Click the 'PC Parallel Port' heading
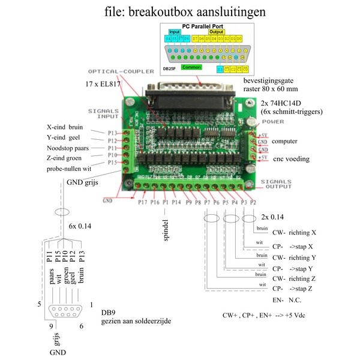coord(206,26)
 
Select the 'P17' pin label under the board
coord(142,202)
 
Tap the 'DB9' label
coord(108,313)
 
